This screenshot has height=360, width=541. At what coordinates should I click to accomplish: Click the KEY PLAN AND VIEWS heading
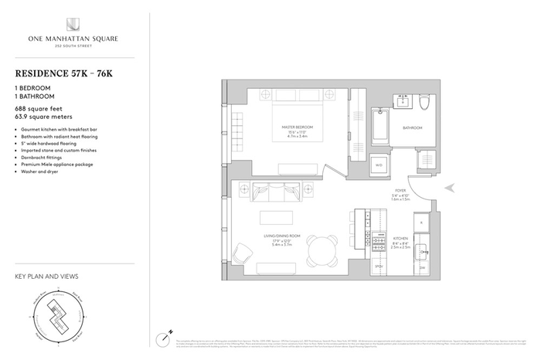tap(46, 276)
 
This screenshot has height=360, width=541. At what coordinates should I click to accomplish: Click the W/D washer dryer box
tap(379, 165)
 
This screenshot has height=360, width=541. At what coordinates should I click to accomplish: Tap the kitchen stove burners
tap(379, 242)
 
